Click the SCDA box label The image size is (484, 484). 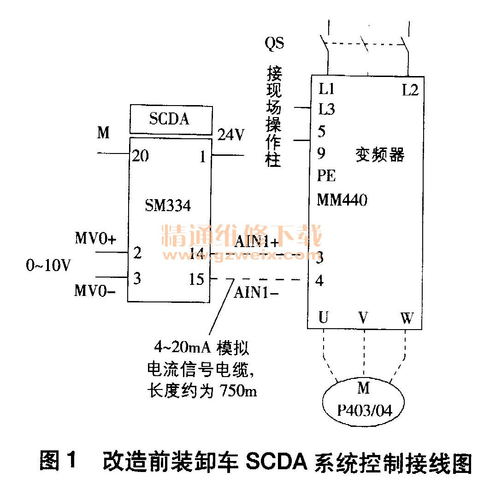169,119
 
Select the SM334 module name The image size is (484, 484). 168,205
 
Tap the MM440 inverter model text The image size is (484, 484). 342,200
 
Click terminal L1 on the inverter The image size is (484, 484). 326,89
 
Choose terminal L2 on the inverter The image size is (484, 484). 410,90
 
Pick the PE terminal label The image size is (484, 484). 326,176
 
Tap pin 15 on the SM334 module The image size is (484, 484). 197,279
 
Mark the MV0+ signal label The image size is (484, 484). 96,239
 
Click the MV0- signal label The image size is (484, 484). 96,291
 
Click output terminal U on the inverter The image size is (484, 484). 324,318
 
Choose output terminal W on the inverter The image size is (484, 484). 407,318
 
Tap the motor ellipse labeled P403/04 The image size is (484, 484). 364,401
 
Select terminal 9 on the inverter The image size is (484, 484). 321,153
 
